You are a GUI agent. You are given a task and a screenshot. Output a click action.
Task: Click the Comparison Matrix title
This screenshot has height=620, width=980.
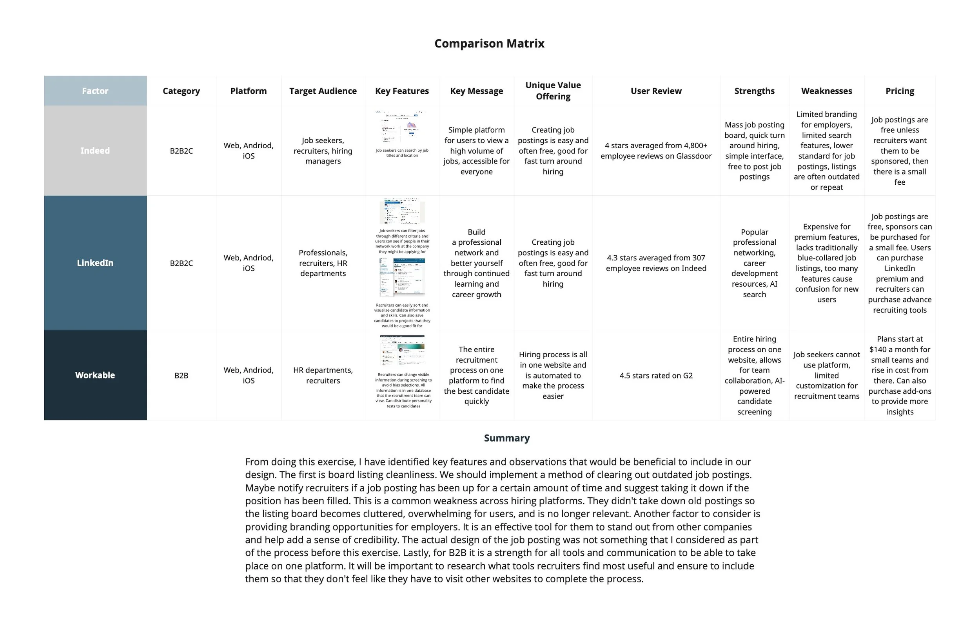(x=489, y=44)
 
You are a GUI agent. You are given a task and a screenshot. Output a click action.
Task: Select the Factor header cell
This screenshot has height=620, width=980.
(x=95, y=91)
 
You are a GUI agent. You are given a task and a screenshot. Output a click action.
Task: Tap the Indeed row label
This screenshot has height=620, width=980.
(x=95, y=151)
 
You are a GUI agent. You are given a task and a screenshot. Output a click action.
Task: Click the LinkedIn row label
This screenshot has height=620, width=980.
(x=95, y=263)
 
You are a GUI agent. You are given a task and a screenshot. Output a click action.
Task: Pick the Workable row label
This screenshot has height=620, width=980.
(x=95, y=375)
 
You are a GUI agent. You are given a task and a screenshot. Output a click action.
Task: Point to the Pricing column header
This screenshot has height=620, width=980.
(x=899, y=91)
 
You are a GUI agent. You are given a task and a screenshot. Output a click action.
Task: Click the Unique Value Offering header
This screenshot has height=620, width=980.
(x=553, y=91)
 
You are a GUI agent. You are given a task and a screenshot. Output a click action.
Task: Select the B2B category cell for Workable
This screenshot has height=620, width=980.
(x=181, y=375)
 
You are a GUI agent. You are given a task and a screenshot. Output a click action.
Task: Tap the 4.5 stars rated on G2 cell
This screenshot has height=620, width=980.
(x=656, y=375)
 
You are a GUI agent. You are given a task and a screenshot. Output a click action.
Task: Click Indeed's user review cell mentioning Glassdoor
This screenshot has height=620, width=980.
(x=656, y=151)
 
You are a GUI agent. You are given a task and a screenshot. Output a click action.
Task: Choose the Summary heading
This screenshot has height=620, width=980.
(x=507, y=438)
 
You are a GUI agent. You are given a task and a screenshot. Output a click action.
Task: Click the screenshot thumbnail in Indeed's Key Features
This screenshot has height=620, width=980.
(x=402, y=127)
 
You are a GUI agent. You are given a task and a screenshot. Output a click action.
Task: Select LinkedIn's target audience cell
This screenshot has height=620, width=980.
(x=323, y=263)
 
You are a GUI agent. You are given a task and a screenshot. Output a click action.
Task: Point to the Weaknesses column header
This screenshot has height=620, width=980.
(x=826, y=91)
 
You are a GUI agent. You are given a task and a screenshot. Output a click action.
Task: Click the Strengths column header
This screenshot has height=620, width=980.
(x=754, y=91)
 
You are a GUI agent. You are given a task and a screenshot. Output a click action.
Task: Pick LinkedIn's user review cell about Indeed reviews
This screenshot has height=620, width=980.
(x=656, y=263)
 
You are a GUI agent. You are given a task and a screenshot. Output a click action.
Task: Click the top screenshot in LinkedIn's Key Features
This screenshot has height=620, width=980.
(x=402, y=211)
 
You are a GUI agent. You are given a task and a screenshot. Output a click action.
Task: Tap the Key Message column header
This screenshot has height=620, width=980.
(x=476, y=91)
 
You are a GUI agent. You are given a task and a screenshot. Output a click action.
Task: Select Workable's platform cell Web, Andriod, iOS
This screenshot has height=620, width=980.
(x=248, y=375)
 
